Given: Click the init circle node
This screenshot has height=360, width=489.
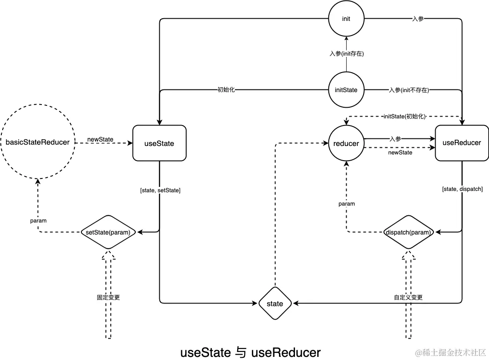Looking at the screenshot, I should [346, 19].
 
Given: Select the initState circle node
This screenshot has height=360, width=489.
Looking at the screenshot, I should [346, 90].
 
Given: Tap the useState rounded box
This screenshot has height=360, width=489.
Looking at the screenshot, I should [159, 143].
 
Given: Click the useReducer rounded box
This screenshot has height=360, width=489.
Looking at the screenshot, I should [461, 143].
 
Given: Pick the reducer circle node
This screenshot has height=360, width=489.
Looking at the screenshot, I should [346, 143].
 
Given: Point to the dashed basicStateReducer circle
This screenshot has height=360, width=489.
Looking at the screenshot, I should [37, 142].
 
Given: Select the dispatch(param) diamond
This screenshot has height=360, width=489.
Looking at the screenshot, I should [408, 232].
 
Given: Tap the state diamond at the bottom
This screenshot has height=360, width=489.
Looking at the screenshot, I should [275, 303].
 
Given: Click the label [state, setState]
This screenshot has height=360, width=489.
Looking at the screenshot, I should [160, 190].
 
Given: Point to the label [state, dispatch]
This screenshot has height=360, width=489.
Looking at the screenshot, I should [462, 189].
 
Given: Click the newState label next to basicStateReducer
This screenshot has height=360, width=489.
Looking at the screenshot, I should [100, 139].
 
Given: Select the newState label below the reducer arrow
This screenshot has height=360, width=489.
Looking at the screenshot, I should [400, 153].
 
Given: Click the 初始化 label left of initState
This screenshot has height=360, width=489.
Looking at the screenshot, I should [226, 90].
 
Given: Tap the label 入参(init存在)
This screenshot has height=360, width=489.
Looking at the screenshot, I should [346, 53].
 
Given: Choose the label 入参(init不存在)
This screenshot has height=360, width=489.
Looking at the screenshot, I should [408, 90].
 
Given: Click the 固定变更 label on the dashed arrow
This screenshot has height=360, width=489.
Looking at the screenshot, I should [109, 297].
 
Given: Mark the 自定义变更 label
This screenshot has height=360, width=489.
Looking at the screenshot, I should [408, 297].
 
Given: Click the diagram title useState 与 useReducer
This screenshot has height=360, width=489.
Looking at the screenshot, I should [250, 352].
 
